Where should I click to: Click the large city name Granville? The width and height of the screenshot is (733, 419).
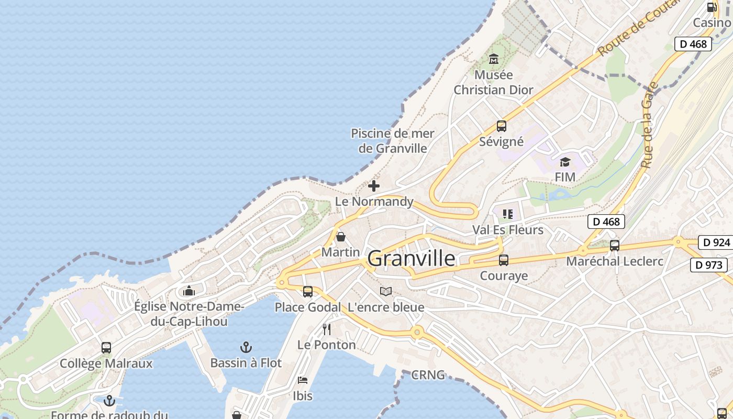pyautogui.click(x=412, y=258)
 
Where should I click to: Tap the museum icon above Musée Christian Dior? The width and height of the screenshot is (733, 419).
pyautogui.click(x=493, y=59)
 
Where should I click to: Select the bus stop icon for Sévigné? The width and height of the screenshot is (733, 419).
pyautogui.click(x=501, y=126)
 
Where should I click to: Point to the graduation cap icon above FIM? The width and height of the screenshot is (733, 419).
pyautogui.click(x=565, y=162)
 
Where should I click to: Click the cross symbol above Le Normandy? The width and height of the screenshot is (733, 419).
pyautogui.click(x=374, y=186)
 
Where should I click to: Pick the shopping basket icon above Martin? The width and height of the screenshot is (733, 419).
pyautogui.click(x=341, y=237)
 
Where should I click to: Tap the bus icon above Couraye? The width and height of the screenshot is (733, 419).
pyautogui.click(x=504, y=260)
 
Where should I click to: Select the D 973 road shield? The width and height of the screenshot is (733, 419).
pyautogui.click(x=709, y=265)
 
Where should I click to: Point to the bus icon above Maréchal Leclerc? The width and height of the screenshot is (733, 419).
pyautogui.click(x=615, y=245)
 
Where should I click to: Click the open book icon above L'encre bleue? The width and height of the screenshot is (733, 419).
pyautogui.click(x=386, y=291)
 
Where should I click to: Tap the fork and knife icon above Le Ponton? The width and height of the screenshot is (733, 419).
pyautogui.click(x=327, y=329)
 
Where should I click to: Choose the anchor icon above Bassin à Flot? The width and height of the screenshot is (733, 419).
pyautogui.click(x=246, y=347)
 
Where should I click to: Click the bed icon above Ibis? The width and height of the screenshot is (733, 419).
pyautogui.click(x=303, y=380)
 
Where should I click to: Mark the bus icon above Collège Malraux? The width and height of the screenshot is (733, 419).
pyautogui.click(x=106, y=348)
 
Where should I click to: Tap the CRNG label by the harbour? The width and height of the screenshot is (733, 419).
pyautogui.click(x=428, y=375)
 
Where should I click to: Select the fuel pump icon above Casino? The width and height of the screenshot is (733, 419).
pyautogui.click(x=712, y=7)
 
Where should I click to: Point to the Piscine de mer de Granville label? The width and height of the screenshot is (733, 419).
pyautogui.click(x=393, y=141)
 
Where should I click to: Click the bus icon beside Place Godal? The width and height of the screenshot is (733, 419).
pyautogui.click(x=308, y=292)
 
